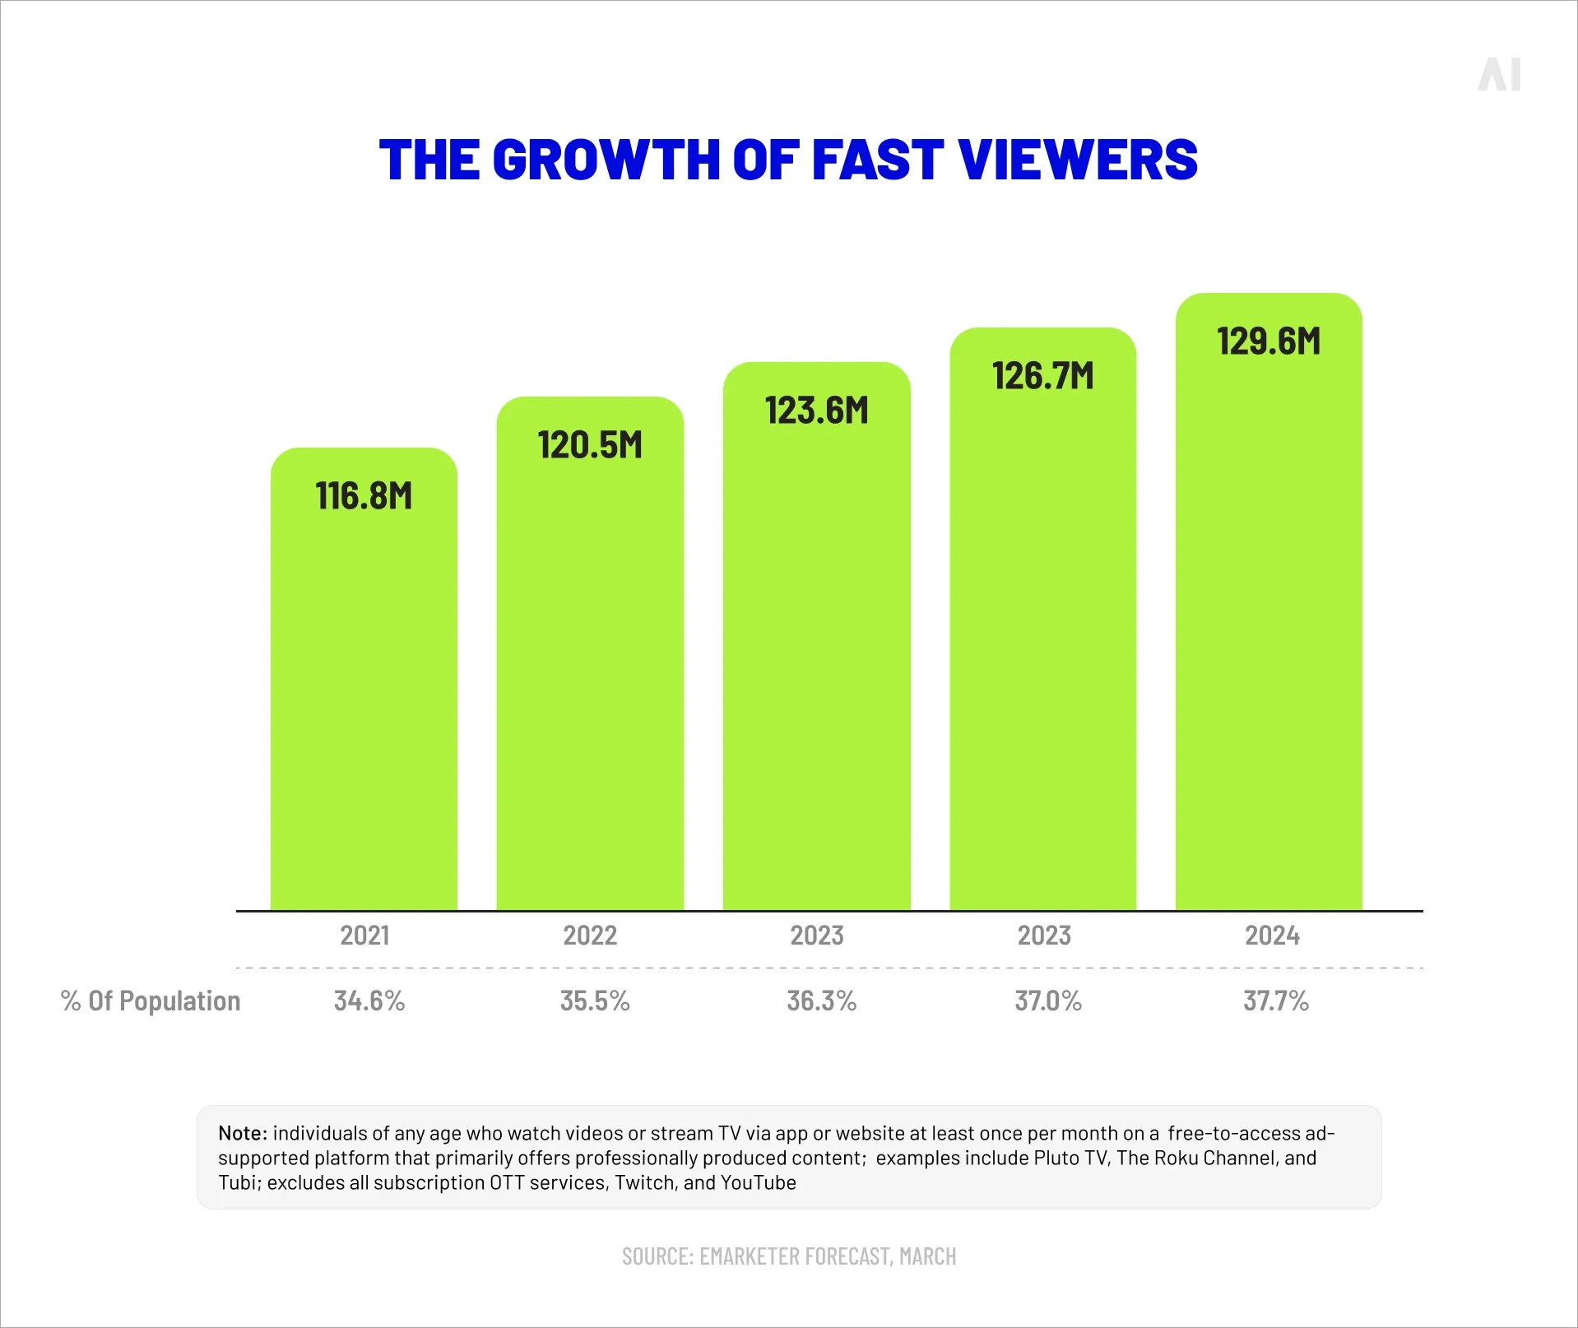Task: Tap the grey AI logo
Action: point(1499,75)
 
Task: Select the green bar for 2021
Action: point(364,699)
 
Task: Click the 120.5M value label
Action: point(590,445)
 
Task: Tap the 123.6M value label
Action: point(816,411)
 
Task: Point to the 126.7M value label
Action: point(1043,376)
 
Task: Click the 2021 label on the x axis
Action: point(364,936)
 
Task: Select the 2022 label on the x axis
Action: point(590,936)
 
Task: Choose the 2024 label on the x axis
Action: point(1272,936)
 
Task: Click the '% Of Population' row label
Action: point(151,1001)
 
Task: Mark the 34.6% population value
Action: point(369,1001)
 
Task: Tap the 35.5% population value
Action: point(595,1001)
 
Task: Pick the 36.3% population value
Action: point(822,1001)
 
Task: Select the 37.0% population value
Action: point(1048,1001)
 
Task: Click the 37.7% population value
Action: point(1276,1001)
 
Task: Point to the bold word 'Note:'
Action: point(243,1133)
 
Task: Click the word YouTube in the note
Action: point(759,1182)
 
